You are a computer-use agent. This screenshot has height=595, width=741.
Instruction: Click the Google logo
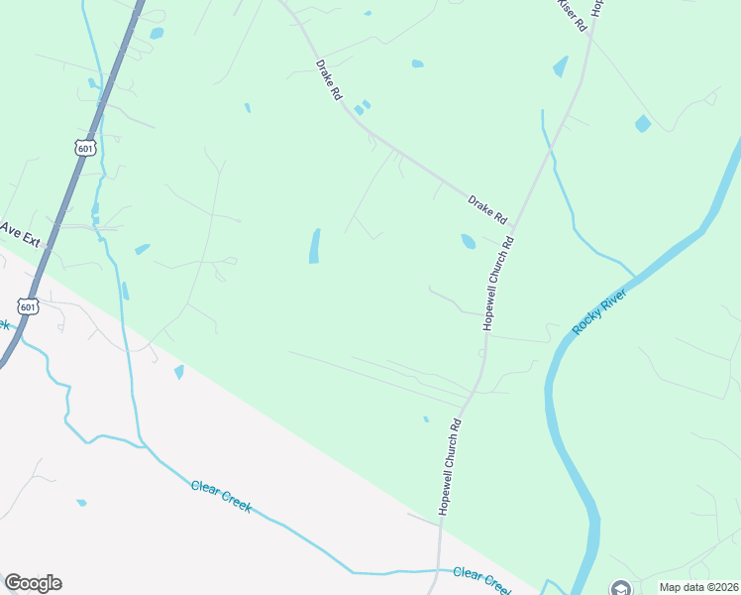pos(33,583)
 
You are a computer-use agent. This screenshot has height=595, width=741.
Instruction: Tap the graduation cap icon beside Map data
pos(620,587)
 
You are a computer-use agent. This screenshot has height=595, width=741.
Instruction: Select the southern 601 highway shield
pos(31,306)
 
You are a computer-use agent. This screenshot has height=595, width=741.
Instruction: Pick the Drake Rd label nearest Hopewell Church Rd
pos(487,208)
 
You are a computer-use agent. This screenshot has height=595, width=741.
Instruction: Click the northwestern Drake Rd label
pos(329,80)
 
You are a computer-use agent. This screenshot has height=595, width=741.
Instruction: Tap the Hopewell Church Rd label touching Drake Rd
pos(498,283)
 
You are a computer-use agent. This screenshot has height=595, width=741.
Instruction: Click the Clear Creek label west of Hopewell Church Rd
pos(221,496)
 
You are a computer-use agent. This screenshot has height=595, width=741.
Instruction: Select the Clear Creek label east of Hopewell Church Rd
pos(482,578)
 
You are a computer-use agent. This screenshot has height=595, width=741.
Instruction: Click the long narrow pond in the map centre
pos(315,246)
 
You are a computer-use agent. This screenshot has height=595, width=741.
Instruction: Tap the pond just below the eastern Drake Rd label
pos(468,241)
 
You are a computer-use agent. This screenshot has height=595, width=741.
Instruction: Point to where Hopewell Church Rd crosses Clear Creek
pos(439,571)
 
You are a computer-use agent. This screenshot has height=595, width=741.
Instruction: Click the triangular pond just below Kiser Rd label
pos(562,66)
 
